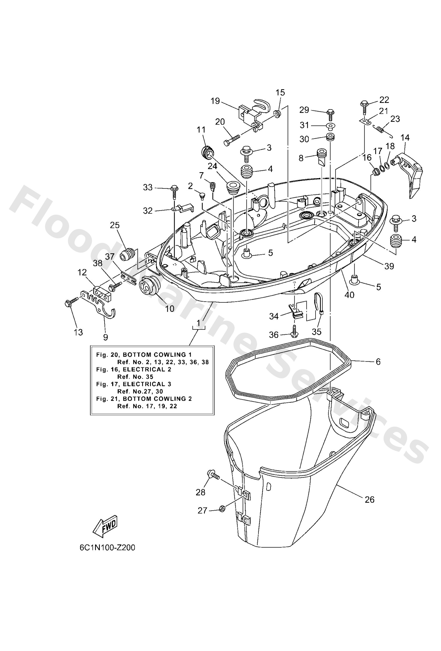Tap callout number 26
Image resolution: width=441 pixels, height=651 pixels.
(x=370, y=499)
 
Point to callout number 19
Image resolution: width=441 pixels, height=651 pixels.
(x=215, y=101)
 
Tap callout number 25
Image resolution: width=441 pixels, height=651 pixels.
(x=115, y=225)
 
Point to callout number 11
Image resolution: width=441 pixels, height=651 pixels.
(x=201, y=130)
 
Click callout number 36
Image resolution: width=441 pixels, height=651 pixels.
(x=274, y=335)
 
